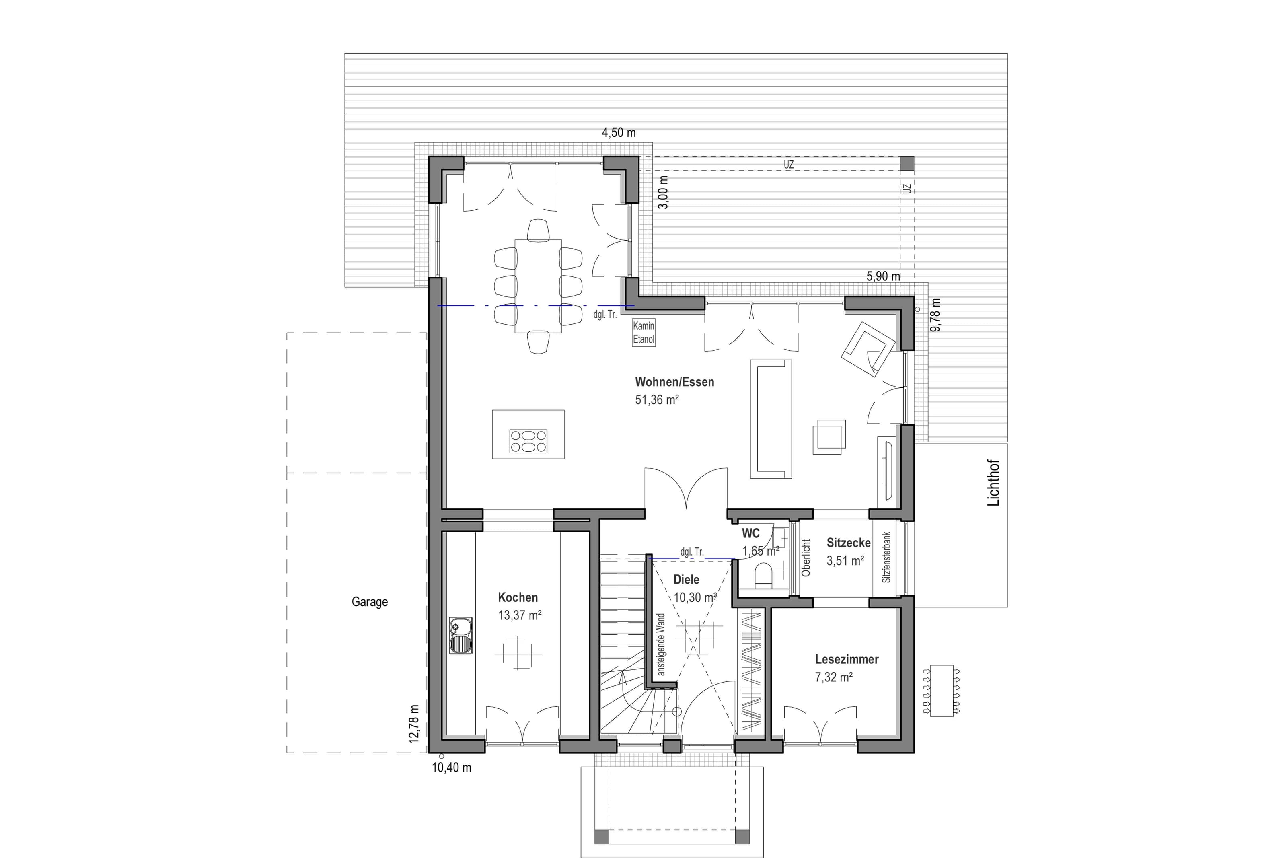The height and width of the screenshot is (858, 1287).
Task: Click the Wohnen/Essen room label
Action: click(674, 382)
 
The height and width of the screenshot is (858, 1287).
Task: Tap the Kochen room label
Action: click(518, 597)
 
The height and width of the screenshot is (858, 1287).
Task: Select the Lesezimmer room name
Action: click(847, 659)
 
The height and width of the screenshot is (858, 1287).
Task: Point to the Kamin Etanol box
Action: click(643, 332)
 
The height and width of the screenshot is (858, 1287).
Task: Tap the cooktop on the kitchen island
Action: click(528, 441)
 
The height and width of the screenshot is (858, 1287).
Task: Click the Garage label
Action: click(369, 602)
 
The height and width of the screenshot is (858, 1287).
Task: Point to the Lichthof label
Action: click(993, 483)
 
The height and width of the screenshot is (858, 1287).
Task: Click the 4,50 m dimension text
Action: click(619, 132)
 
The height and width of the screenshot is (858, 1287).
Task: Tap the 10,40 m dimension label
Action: click(451, 768)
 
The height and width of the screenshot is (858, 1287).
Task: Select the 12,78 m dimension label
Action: click(413, 723)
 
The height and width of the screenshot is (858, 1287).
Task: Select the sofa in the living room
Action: click(771, 419)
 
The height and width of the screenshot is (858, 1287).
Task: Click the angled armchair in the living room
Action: click(868, 349)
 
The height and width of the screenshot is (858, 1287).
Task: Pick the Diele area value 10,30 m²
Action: click(695, 597)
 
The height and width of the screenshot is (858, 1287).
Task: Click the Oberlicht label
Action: click(805, 558)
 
